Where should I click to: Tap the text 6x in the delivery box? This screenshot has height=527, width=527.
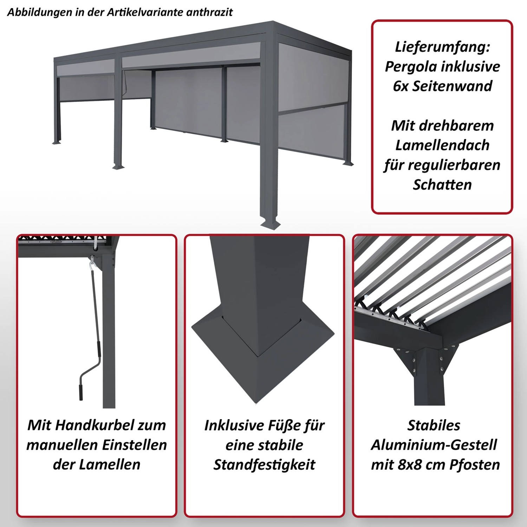(x=401, y=86)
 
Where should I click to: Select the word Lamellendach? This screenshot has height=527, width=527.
(x=442, y=145)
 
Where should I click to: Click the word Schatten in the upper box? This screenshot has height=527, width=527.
(x=442, y=185)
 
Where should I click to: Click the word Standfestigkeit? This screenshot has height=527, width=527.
(x=264, y=465)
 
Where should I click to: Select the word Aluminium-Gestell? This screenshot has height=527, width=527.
(x=434, y=445)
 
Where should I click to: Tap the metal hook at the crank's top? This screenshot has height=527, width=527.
(x=92, y=262)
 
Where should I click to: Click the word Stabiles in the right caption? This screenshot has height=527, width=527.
(x=434, y=425)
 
